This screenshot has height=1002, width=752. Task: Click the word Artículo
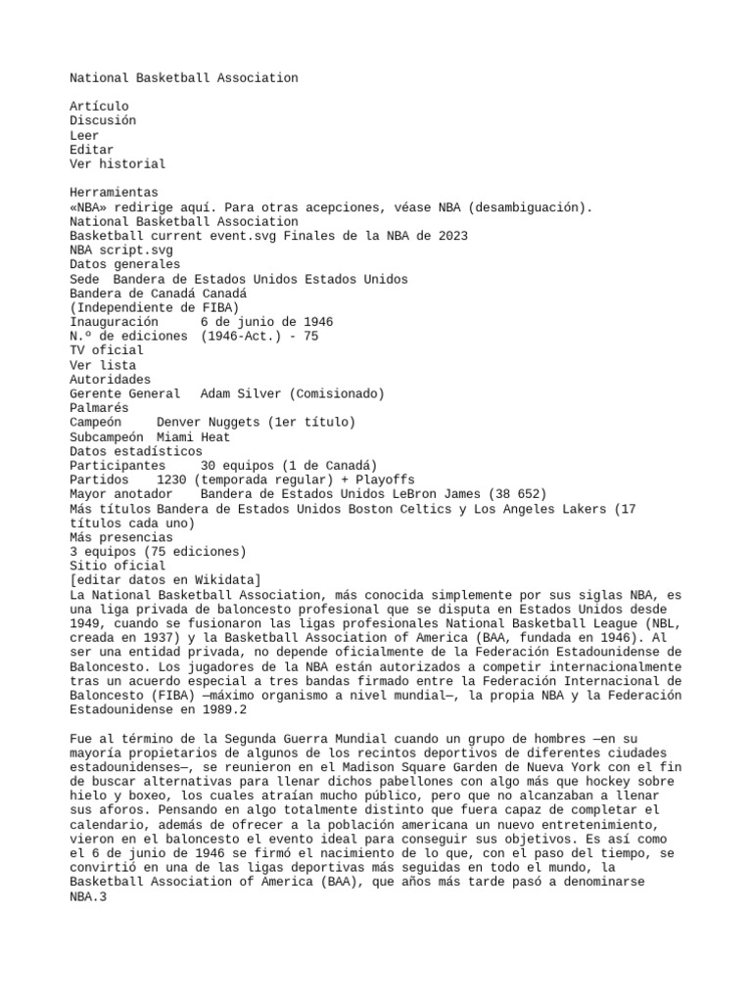click(99, 106)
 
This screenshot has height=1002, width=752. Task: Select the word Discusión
click(103, 120)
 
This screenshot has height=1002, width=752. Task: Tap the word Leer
click(84, 135)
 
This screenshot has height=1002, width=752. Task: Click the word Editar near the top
click(91, 150)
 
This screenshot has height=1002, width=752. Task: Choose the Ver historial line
click(117, 164)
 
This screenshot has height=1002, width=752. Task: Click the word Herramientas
click(114, 193)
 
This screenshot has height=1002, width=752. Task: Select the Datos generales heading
click(124, 264)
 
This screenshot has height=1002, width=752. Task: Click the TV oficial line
click(106, 350)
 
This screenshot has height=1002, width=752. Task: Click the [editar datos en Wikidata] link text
click(164, 580)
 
